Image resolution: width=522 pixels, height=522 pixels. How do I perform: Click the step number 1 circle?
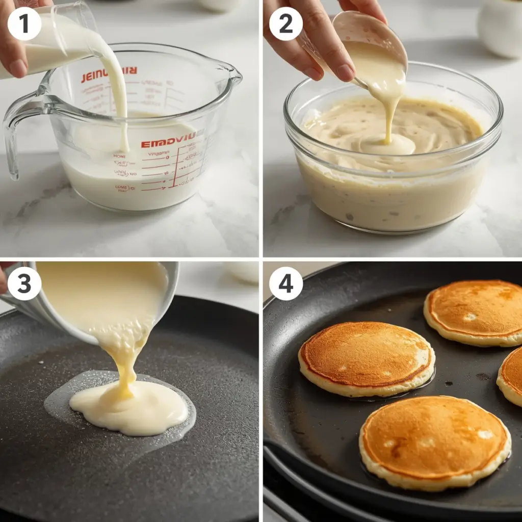[x=24, y=24]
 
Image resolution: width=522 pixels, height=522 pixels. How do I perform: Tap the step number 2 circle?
[x=285, y=24]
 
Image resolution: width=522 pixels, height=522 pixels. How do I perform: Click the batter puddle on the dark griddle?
[x=130, y=408]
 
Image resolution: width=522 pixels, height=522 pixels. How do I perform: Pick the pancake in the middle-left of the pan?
[x=366, y=358]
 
